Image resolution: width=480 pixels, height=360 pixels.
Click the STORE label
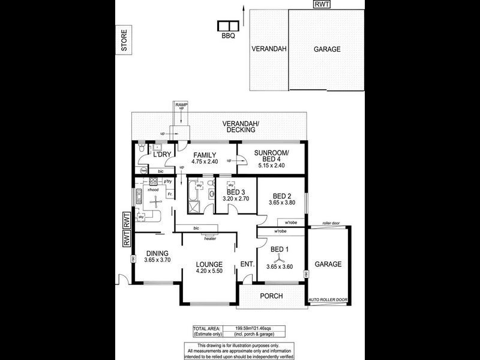[124, 41]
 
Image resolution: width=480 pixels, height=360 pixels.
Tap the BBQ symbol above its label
[227, 26]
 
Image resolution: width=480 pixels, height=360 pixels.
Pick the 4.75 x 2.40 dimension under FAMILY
[204, 161]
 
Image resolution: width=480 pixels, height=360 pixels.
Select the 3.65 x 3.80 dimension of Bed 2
[281, 203]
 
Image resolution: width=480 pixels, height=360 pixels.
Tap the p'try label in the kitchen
[168, 181]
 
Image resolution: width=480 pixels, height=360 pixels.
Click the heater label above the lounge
[210, 238]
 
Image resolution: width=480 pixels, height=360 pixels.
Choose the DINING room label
[156, 253]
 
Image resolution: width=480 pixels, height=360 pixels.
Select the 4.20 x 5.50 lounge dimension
[209, 271]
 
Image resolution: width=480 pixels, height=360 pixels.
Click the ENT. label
[247, 265]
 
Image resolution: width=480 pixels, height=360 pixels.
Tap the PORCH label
[271, 296]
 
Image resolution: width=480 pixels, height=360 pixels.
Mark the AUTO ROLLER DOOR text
[328, 299]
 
